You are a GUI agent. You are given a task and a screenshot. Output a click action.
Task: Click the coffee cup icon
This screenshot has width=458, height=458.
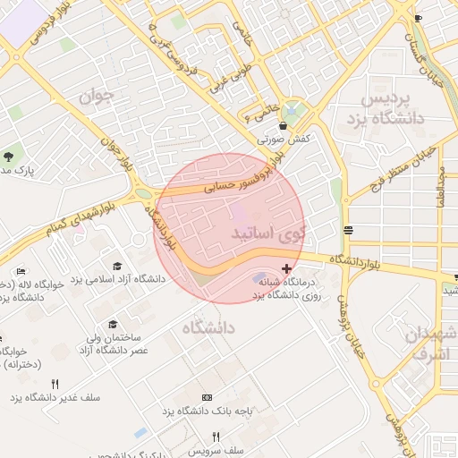pyautogui.click(x=418, y=18)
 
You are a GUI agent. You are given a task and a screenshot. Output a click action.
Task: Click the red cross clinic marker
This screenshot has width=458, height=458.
pyautogui.click(x=286, y=268)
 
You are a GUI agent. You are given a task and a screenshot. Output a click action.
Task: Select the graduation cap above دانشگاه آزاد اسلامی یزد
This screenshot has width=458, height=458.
pyautogui.click(x=118, y=266)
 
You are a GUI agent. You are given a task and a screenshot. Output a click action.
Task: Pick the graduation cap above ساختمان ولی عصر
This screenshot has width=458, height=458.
pyautogui.click(x=113, y=325)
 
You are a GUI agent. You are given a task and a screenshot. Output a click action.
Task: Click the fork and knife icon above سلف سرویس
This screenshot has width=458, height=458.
pyautogui.click(x=215, y=437)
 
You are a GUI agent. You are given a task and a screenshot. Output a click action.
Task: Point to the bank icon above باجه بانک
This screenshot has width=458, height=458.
pyautogui.click(x=208, y=397)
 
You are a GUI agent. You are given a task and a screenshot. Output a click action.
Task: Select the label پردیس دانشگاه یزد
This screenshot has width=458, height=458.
pyautogui.click(x=390, y=107)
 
